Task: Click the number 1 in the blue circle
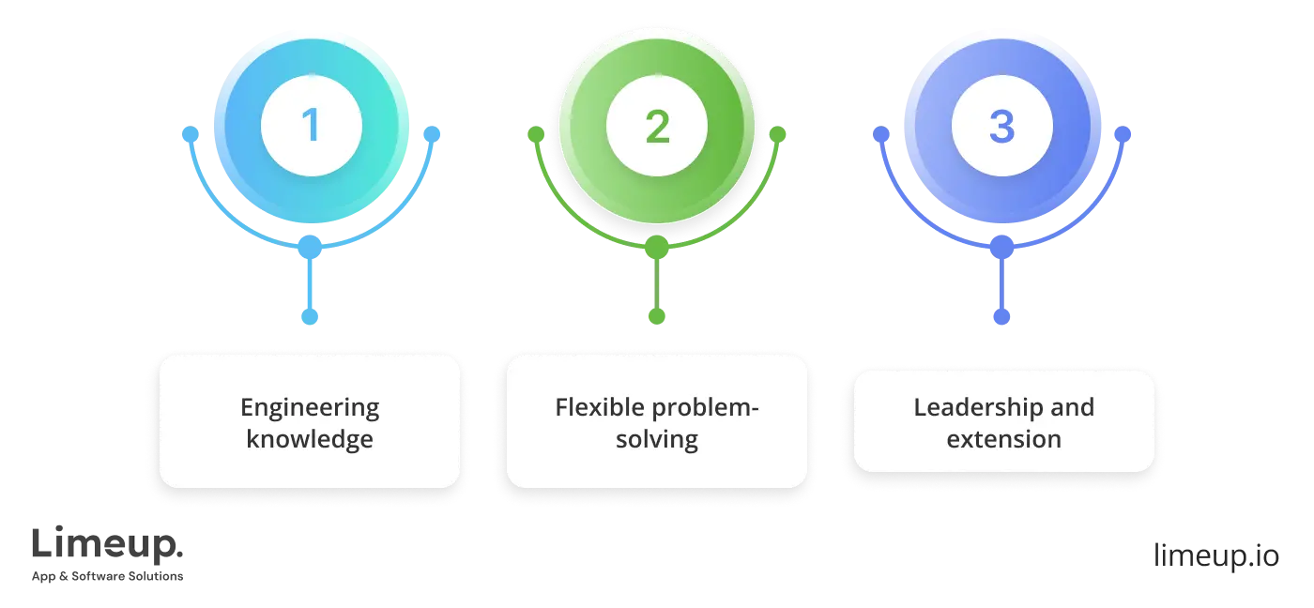point(310,127)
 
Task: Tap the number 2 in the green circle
point(657,127)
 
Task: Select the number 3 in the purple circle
point(1001,127)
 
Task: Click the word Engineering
point(310,408)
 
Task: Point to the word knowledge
point(310,439)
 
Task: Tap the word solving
point(657,439)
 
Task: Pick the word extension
point(1003,439)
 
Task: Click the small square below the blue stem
point(311,316)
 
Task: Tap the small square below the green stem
point(657,316)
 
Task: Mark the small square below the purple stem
point(1002,316)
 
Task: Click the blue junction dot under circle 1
point(310,249)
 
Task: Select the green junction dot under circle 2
point(657,249)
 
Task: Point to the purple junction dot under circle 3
point(1002,249)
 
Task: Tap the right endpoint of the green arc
point(777,134)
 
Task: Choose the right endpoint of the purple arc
point(1123,134)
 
